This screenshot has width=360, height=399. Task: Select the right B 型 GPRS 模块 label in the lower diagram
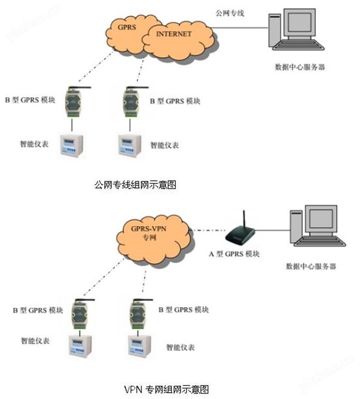(183, 310)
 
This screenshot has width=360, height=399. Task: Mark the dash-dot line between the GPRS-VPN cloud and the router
(209, 230)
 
